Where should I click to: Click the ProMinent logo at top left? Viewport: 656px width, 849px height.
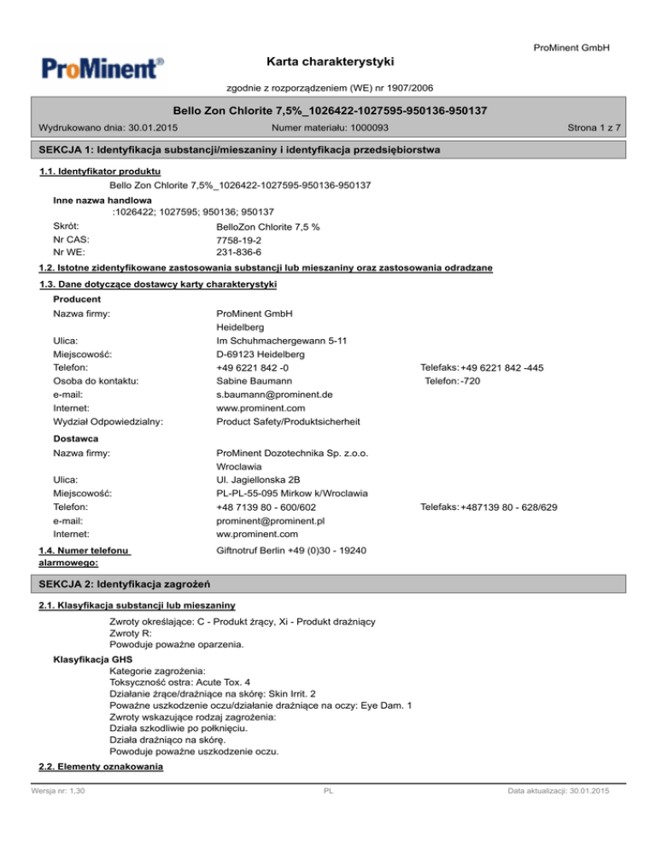pos(100,67)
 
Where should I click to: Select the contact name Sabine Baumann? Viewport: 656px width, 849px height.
pos(256,381)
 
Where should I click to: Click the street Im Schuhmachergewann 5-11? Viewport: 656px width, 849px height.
pos(283,340)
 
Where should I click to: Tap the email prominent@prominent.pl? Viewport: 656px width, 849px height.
pos(272,521)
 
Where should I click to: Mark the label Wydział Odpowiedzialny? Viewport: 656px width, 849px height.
pos(108,422)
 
